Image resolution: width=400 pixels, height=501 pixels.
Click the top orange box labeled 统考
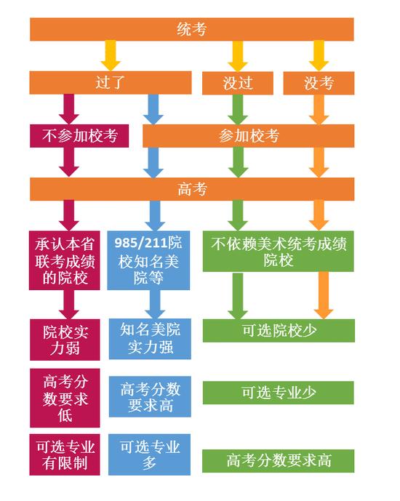tap(192, 29)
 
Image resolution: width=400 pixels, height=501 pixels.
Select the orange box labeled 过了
tap(111, 83)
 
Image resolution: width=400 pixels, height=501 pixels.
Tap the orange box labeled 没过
tap(238, 83)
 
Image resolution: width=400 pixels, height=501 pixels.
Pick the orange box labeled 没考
tap(319, 83)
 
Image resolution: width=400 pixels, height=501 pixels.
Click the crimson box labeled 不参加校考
tap(79, 136)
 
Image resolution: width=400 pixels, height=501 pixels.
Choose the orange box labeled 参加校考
tap(249, 136)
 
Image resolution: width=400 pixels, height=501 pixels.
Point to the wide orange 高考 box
tap(192, 189)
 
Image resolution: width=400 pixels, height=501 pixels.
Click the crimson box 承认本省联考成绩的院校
tap(65, 260)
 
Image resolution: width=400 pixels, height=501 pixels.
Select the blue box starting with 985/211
tap(148, 260)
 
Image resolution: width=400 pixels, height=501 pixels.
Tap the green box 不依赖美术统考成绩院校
tap(279, 252)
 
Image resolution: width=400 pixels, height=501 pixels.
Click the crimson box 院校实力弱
tap(65, 340)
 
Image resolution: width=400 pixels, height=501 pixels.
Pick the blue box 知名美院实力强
tap(150, 339)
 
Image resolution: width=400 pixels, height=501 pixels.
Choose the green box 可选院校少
tap(279, 331)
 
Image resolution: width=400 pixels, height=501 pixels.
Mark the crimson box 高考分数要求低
tap(65, 398)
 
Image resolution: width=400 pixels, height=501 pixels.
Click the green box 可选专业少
tap(279, 393)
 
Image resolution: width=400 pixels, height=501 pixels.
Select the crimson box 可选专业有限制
tap(65, 454)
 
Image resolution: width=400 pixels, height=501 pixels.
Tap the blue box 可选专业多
tap(150, 454)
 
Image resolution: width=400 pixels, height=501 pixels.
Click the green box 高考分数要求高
tap(279, 461)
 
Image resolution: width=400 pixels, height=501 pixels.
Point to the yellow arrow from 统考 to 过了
tap(111, 55)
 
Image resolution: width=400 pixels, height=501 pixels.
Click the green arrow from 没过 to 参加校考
tap(238, 109)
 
